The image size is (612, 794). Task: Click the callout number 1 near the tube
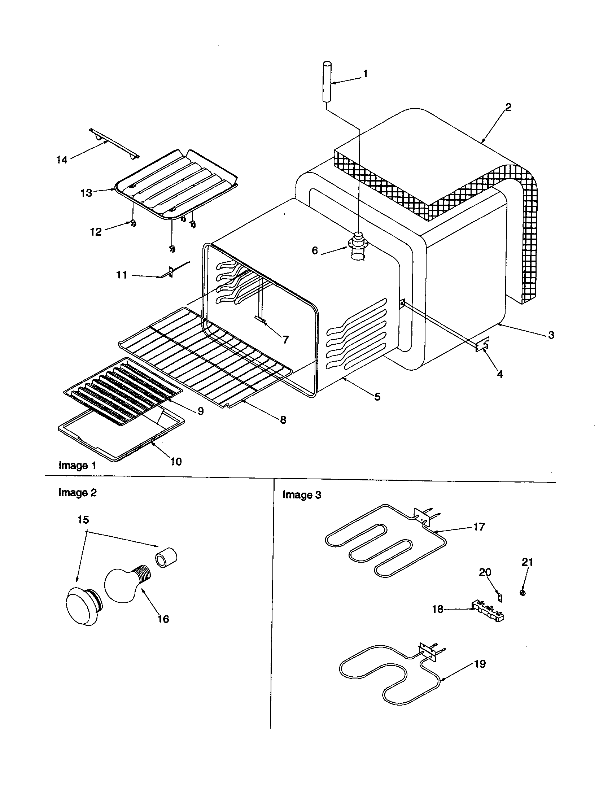366,74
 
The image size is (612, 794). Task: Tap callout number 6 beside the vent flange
315,250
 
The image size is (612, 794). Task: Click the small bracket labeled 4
482,344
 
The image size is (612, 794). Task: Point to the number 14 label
62,160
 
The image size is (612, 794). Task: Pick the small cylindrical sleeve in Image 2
166,558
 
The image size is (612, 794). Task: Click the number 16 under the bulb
163,619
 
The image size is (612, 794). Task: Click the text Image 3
302,495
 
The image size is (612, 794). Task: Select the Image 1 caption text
78,466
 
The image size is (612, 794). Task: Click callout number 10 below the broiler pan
176,462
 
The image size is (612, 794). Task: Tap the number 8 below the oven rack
283,419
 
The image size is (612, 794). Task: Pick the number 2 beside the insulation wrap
508,107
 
